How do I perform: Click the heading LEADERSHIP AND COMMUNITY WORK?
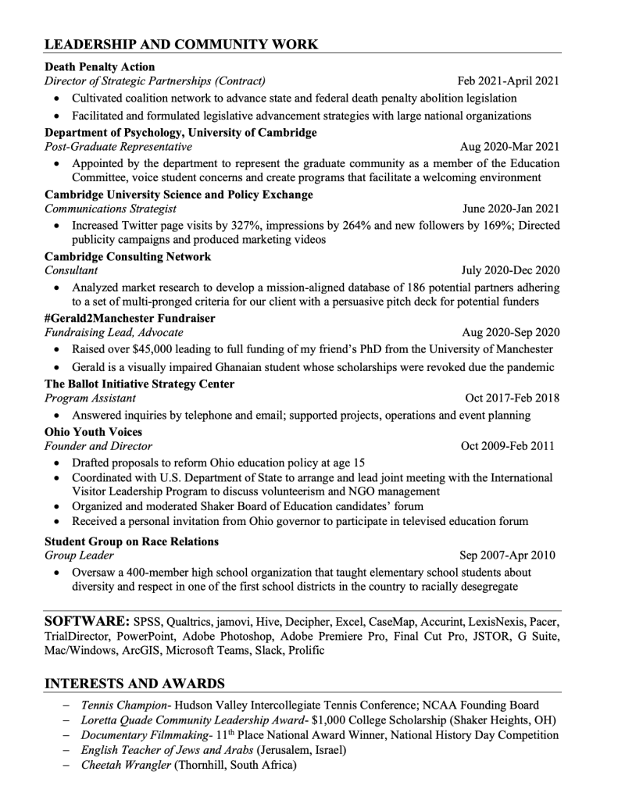coord(181,44)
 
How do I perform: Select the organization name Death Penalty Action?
coord(100,66)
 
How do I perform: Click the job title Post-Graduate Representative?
coord(118,147)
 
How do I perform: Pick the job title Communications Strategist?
coord(110,209)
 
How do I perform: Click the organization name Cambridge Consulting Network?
coord(127,256)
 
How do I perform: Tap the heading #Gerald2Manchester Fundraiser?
coord(130,318)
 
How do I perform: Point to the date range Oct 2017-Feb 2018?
coord(512,398)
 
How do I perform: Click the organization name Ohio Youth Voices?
coord(93,431)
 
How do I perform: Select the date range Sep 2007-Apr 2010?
coord(507,556)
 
